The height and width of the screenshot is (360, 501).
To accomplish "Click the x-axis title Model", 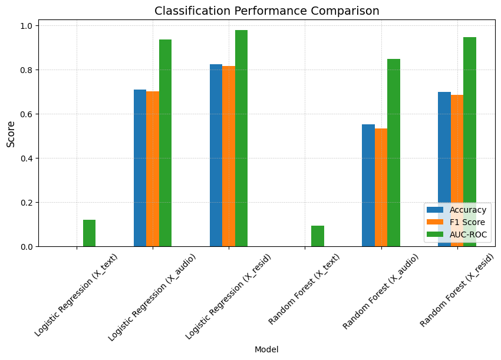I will pos(266,349).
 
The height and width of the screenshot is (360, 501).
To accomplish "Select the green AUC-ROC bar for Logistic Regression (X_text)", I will pos(89,233).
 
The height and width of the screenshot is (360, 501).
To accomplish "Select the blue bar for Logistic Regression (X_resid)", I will pos(216,156).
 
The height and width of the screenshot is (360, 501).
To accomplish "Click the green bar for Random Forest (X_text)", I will pos(317,236).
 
